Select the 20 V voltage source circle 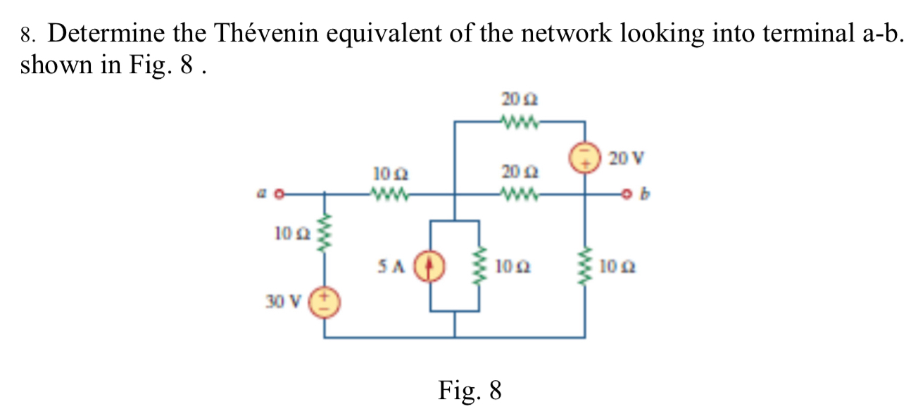(584, 158)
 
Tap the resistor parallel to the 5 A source (480, 267)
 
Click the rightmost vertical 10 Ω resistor (584, 267)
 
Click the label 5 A (391, 267)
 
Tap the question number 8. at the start (28, 34)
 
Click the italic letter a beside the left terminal (261, 191)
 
